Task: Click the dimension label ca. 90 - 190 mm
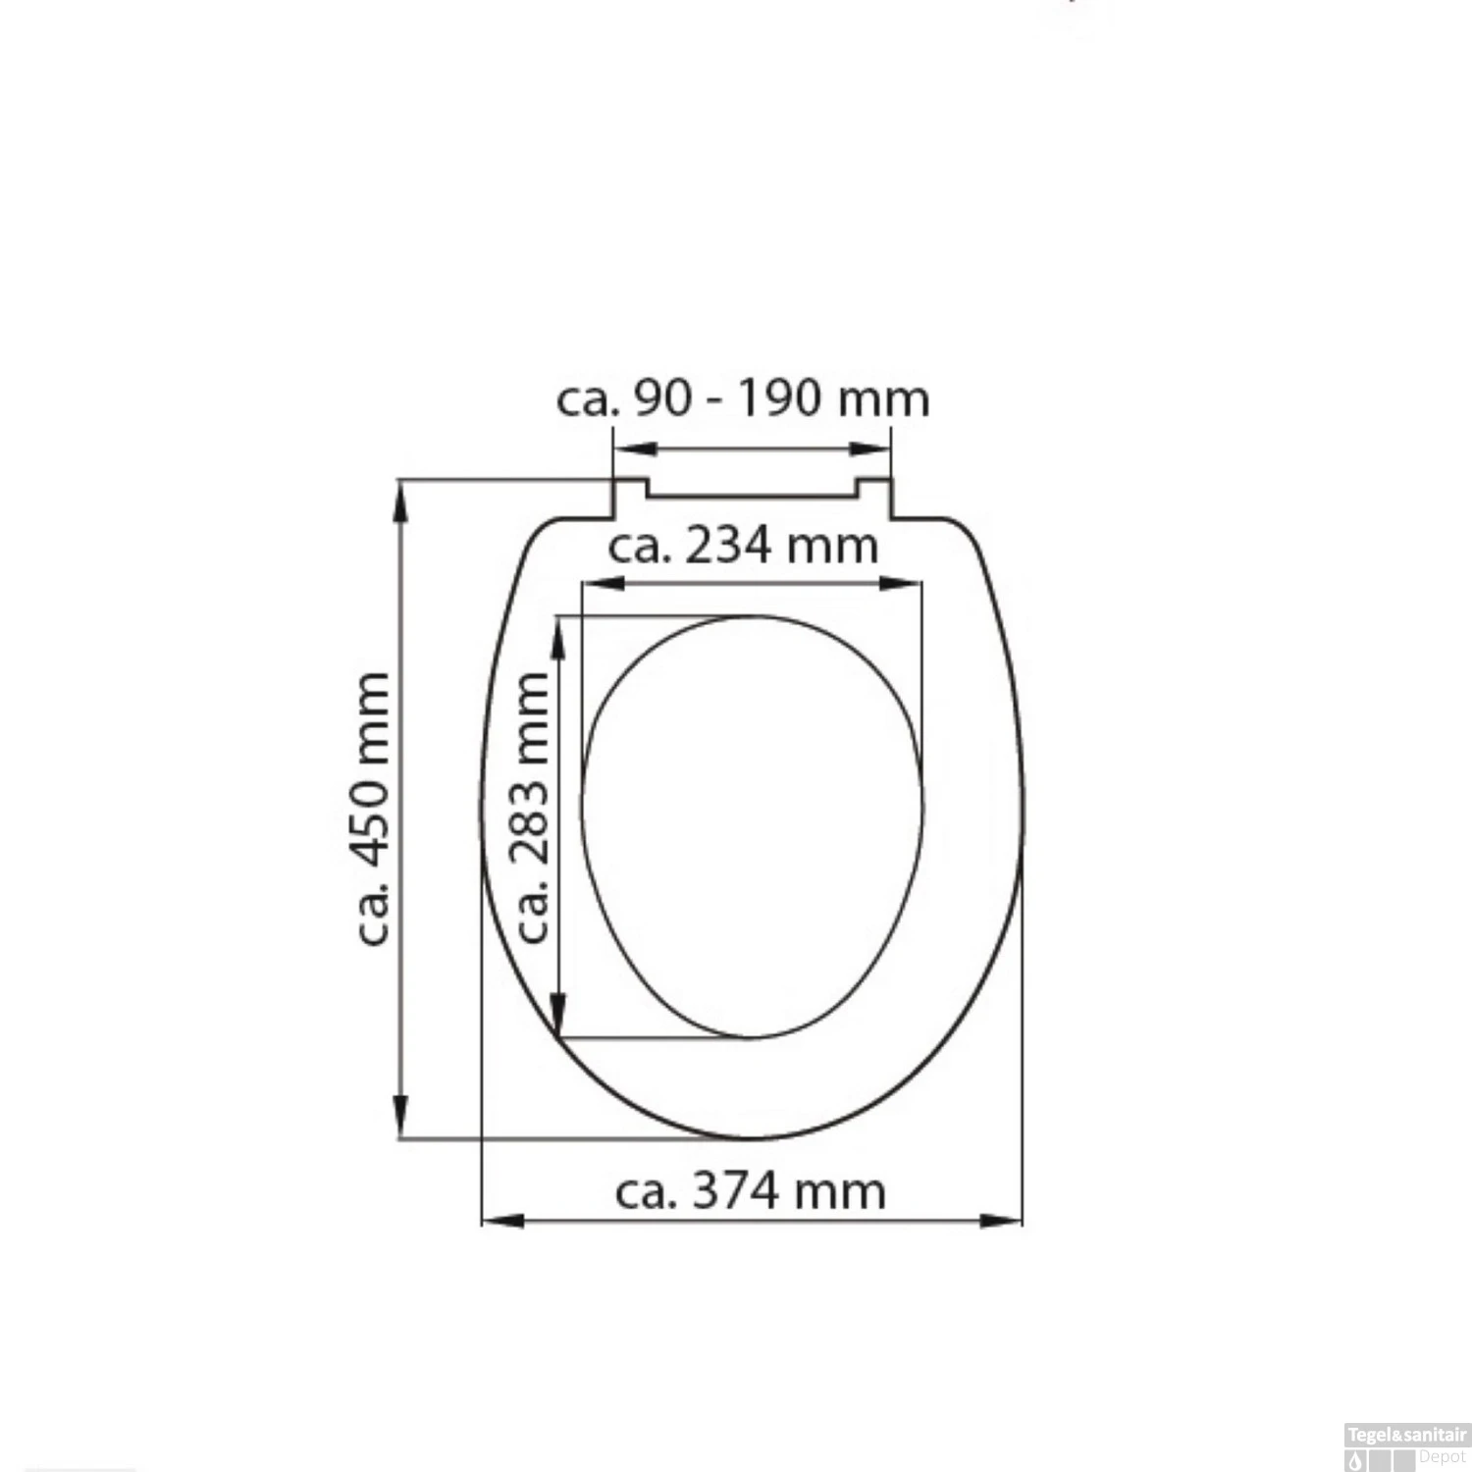tap(743, 399)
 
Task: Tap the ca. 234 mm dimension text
tap(743, 547)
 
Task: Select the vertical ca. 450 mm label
tap(373, 809)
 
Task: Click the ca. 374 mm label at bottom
tap(751, 1191)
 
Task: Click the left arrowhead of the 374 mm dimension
tap(500, 1221)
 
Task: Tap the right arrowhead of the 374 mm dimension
tap(1003, 1221)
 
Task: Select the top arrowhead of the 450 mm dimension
tap(400, 500)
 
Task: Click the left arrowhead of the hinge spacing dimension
tap(634, 449)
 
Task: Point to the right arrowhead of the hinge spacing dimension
tap(871, 449)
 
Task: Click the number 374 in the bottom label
tap(736, 1191)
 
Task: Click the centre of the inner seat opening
tap(753, 826)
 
